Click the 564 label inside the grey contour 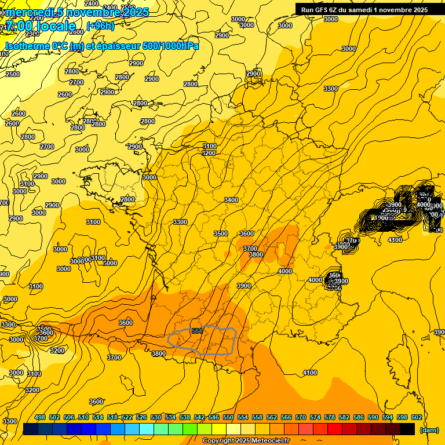click(197, 331)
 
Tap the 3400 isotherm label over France click(231, 200)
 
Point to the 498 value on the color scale click(40, 417)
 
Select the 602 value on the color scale click(416, 417)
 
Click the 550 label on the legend click(228, 417)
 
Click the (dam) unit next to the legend click(429, 429)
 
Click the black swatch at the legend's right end click(407, 429)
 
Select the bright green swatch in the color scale click(190, 429)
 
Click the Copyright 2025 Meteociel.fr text click(246, 441)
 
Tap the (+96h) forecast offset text click(100, 26)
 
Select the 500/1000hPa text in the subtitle click(170, 46)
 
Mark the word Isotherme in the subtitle click(27, 46)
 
